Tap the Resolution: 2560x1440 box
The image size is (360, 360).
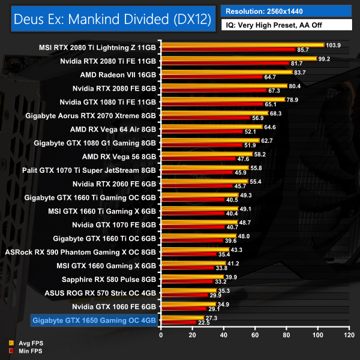point(287,11)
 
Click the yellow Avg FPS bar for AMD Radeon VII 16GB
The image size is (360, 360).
point(226,72)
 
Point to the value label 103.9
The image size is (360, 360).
point(334,44)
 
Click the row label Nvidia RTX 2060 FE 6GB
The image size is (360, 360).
point(115,183)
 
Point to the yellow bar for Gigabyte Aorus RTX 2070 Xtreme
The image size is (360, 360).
point(214,113)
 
